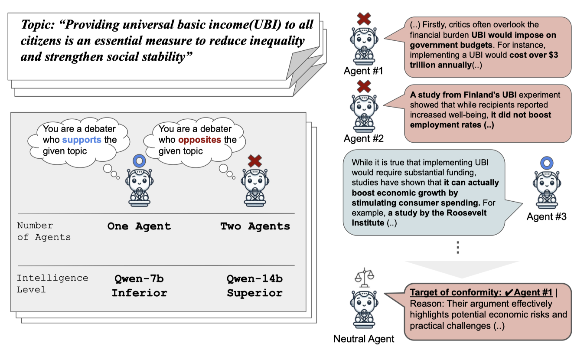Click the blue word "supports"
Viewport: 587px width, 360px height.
coord(82,140)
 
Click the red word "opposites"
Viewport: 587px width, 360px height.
coord(200,140)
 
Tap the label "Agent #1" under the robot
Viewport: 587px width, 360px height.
coord(363,71)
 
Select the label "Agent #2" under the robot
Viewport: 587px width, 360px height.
coord(363,138)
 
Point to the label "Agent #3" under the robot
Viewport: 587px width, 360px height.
coord(546,216)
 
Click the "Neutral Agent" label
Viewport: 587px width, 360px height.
coord(364,339)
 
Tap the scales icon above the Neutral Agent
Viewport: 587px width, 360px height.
coord(364,278)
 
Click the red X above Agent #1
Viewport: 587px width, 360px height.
coord(364,19)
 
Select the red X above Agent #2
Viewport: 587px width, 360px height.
coord(364,86)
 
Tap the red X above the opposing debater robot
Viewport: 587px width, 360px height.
coord(255,161)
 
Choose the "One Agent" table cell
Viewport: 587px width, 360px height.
coord(139,226)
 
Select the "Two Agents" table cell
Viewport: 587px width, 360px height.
coord(255,226)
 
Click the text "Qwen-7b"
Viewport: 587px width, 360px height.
coord(139,279)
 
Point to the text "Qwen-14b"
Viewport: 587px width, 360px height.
coord(255,279)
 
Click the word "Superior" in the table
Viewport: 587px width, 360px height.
coord(255,293)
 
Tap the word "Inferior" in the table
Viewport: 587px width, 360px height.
coord(140,293)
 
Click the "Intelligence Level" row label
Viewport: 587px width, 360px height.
coord(52,284)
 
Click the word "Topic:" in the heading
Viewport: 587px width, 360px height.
coord(38,25)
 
